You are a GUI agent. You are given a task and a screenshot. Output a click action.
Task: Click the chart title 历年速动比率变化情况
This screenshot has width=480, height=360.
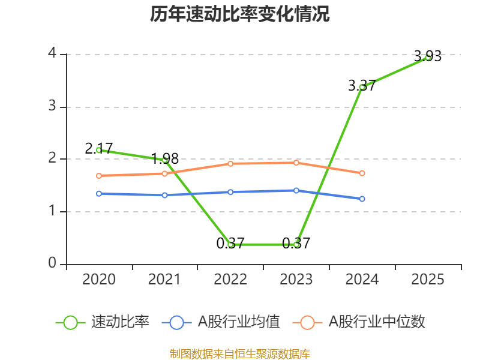tap(240, 14)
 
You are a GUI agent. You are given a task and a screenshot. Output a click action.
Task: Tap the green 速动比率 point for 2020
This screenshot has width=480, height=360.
tap(99, 150)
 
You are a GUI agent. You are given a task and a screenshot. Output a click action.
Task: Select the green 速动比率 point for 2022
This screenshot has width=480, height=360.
tap(230, 244)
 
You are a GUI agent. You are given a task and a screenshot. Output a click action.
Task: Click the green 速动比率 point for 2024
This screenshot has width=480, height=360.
tap(362, 87)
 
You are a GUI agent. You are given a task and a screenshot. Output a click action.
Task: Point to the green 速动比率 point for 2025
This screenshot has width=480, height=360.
tap(428, 58)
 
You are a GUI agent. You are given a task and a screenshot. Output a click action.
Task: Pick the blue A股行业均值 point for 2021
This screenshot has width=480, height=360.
tap(164, 195)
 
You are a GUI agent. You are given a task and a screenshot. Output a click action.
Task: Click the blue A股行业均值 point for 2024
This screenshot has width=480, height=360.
tap(362, 199)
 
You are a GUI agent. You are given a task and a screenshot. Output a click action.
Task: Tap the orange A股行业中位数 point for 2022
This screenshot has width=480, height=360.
tap(230, 163)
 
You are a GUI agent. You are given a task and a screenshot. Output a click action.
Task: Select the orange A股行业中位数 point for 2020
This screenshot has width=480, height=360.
tap(99, 176)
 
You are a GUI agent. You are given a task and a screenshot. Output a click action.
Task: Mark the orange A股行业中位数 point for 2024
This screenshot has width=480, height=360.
tap(362, 173)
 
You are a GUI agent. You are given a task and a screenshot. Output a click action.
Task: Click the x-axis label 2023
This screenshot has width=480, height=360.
tap(296, 280)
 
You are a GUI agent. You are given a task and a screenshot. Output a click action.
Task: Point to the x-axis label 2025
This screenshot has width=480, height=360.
tap(428, 280)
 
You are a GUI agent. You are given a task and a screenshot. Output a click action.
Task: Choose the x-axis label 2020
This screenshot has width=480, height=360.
tap(99, 280)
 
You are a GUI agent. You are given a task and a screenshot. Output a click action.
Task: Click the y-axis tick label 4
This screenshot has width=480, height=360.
tap(52, 54)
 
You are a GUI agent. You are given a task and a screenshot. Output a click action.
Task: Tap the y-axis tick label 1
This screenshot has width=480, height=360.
tap(52, 211)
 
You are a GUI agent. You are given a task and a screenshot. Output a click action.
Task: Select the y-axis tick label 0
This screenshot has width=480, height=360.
tap(52, 263)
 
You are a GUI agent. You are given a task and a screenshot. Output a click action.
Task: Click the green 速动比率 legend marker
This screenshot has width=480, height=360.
tap(70, 322)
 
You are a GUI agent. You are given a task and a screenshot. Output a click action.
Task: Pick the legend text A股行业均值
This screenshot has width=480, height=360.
tap(239, 322)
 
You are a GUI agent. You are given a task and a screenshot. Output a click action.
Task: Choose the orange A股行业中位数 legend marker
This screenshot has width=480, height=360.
tap(307, 322)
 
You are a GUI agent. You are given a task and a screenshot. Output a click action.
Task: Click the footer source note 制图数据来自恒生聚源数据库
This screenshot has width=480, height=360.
tap(240, 353)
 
